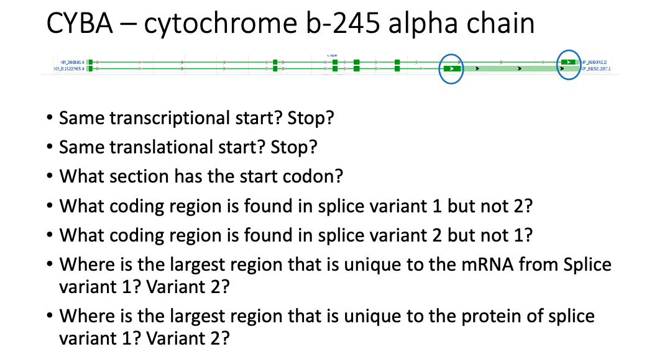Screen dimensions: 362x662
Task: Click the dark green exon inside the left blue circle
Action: click(x=451, y=68)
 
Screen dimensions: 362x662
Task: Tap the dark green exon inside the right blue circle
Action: click(x=568, y=62)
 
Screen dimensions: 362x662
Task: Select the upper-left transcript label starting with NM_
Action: click(x=73, y=62)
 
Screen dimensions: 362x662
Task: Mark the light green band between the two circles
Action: click(x=510, y=68)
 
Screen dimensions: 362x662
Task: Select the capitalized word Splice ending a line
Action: click(x=587, y=265)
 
